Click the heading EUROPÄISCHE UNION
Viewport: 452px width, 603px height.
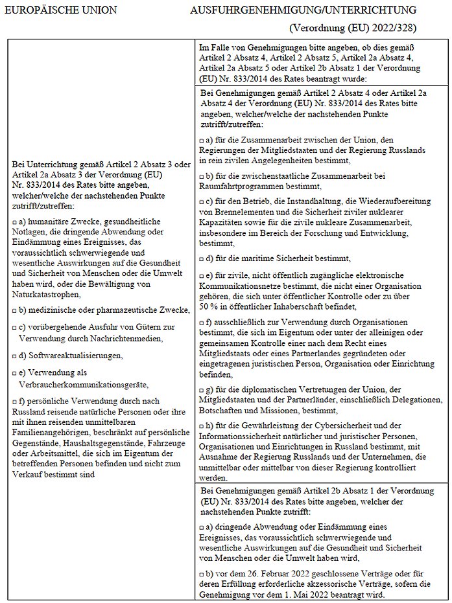[x=60, y=10]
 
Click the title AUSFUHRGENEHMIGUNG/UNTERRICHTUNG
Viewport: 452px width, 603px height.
[x=303, y=10]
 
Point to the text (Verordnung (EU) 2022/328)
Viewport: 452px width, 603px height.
[x=353, y=28]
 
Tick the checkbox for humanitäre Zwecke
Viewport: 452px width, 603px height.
[x=14, y=222]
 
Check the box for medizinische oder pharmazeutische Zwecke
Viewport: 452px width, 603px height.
[x=14, y=310]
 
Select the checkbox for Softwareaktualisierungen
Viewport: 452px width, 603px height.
[x=14, y=356]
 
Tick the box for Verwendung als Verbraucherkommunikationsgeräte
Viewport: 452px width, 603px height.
[x=14, y=373]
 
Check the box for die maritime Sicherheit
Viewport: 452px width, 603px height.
[x=202, y=257]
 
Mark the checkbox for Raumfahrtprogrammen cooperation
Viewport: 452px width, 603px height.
[x=202, y=176]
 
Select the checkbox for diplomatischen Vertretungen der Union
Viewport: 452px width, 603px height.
[x=202, y=391]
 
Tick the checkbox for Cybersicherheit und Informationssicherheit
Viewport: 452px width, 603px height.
[x=202, y=426]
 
